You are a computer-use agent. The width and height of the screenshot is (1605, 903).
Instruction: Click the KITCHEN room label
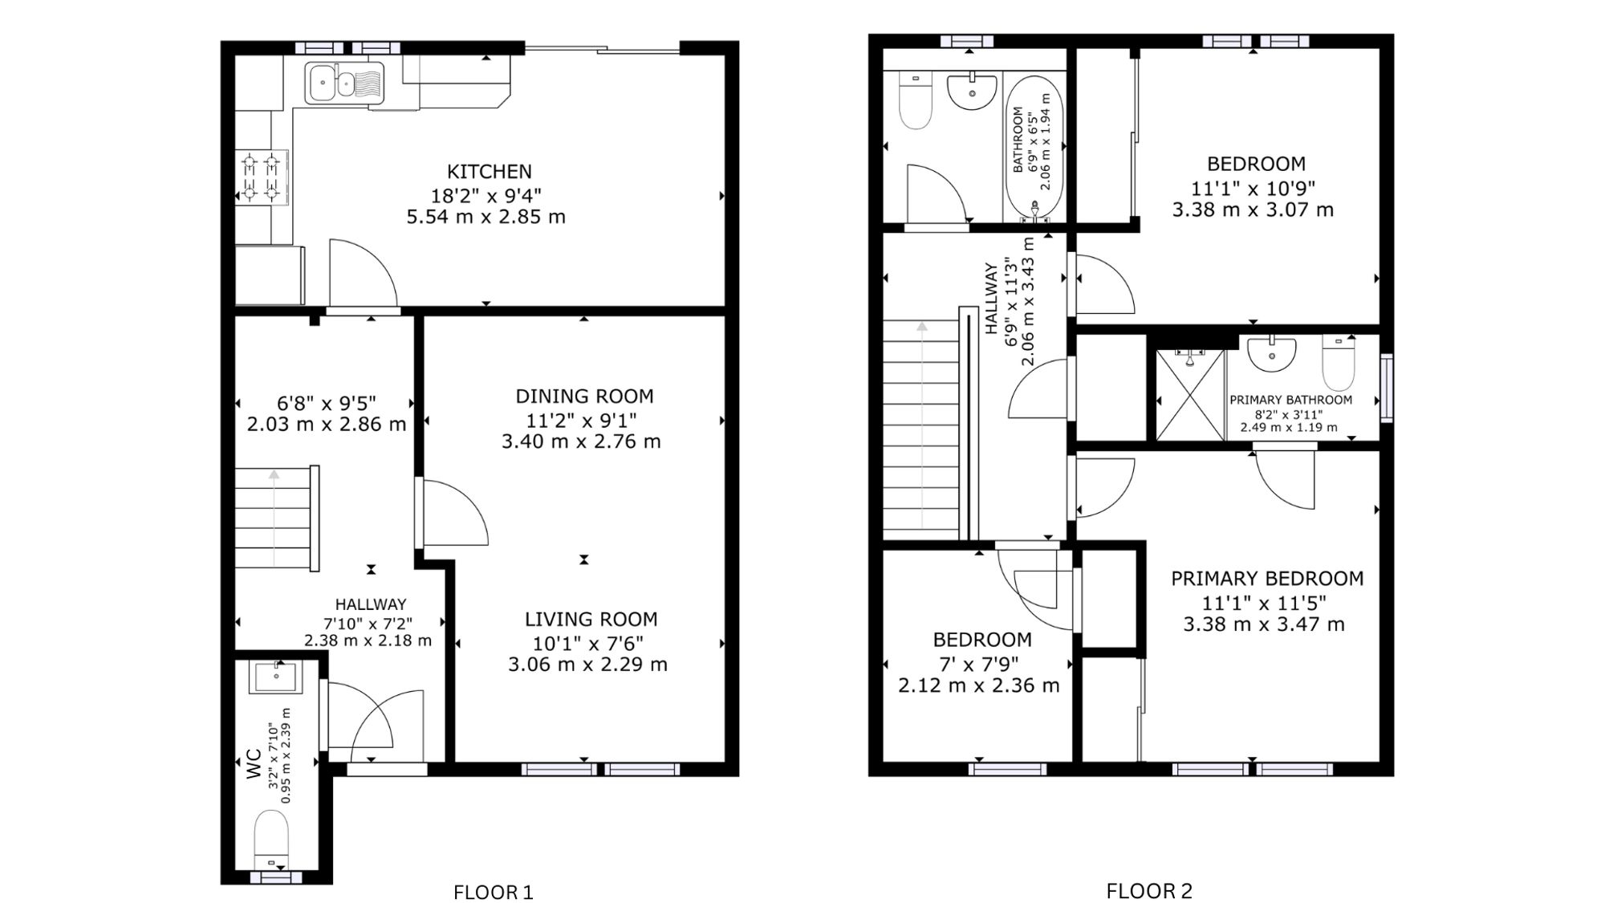point(490,172)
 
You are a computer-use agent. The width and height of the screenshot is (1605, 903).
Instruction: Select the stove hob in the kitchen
point(262,177)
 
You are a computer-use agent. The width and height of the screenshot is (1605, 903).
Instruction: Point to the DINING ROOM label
point(584,396)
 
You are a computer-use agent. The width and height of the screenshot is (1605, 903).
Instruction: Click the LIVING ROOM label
point(591,620)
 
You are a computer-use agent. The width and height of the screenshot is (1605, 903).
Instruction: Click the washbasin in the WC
point(276,677)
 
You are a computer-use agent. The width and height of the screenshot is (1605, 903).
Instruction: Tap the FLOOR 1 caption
point(494,892)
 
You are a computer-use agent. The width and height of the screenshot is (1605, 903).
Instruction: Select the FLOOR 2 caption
point(1149,891)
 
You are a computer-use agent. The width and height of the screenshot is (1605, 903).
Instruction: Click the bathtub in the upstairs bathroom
point(1034,148)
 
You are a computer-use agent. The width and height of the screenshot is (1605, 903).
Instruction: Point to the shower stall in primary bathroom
point(1190,395)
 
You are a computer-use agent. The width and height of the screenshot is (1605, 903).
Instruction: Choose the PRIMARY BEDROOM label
point(1267,579)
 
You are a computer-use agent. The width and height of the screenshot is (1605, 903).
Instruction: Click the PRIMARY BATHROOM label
point(1290,400)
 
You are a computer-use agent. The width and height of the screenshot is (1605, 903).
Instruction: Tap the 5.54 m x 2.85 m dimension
point(486,217)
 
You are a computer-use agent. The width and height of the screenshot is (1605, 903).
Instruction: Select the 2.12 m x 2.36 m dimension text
point(979,685)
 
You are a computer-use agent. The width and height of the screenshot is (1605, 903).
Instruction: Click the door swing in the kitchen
point(363,273)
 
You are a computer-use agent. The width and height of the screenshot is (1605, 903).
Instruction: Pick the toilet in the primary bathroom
point(1338,363)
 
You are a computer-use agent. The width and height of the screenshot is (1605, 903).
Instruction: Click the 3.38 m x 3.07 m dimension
point(1253,210)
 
